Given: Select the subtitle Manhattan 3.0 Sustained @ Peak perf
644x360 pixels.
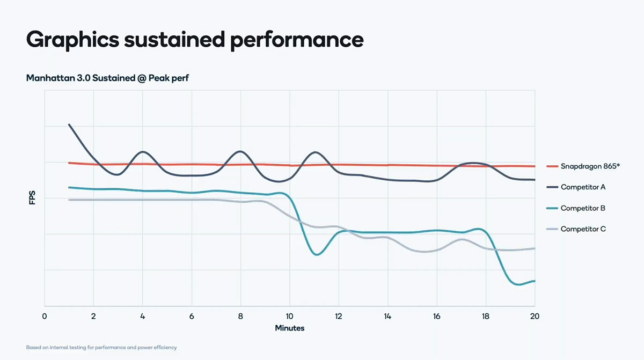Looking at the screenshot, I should click(x=107, y=78).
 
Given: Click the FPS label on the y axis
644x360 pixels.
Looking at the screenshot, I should click(x=32, y=198).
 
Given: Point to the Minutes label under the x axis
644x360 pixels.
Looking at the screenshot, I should click(x=290, y=327).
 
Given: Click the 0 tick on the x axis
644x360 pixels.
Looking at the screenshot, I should click(x=45, y=316).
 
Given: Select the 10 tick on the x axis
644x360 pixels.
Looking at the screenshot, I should click(x=290, y=316).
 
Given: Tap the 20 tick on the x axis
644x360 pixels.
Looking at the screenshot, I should click(x=535, y=316).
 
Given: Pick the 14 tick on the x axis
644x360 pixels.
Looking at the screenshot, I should click(x=387, y=316).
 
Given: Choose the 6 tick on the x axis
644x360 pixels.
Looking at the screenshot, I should click(x=192, y=316).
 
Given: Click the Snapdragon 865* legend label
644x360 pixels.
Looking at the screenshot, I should click(x=590, y=166).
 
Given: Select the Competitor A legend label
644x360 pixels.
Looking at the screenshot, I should click(x=583, y=187).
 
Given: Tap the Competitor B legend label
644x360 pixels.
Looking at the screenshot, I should click(x=583, y=208).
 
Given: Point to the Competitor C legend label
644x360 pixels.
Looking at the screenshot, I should click(x=583, y=229).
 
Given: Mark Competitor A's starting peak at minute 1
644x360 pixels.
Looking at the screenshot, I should click(x=69, y=124).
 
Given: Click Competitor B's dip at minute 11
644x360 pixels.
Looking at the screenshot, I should click(x=317, y=254).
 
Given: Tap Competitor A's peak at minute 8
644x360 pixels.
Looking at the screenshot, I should click(x=240, y=151).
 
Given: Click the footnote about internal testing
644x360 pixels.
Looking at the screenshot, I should click(x=101, y=347).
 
